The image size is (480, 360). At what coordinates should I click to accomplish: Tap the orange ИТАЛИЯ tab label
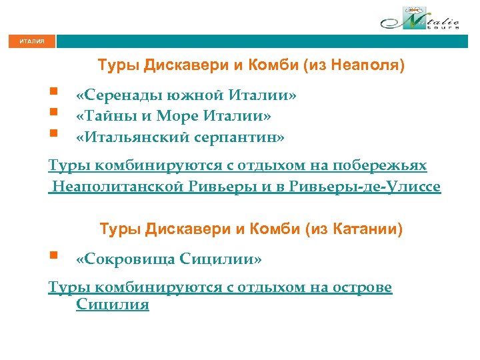point(32,41)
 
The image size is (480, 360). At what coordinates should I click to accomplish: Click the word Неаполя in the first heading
point(369,66)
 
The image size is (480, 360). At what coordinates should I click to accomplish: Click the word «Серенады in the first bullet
point(116,95)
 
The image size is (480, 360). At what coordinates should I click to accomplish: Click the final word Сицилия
point(113,305)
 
